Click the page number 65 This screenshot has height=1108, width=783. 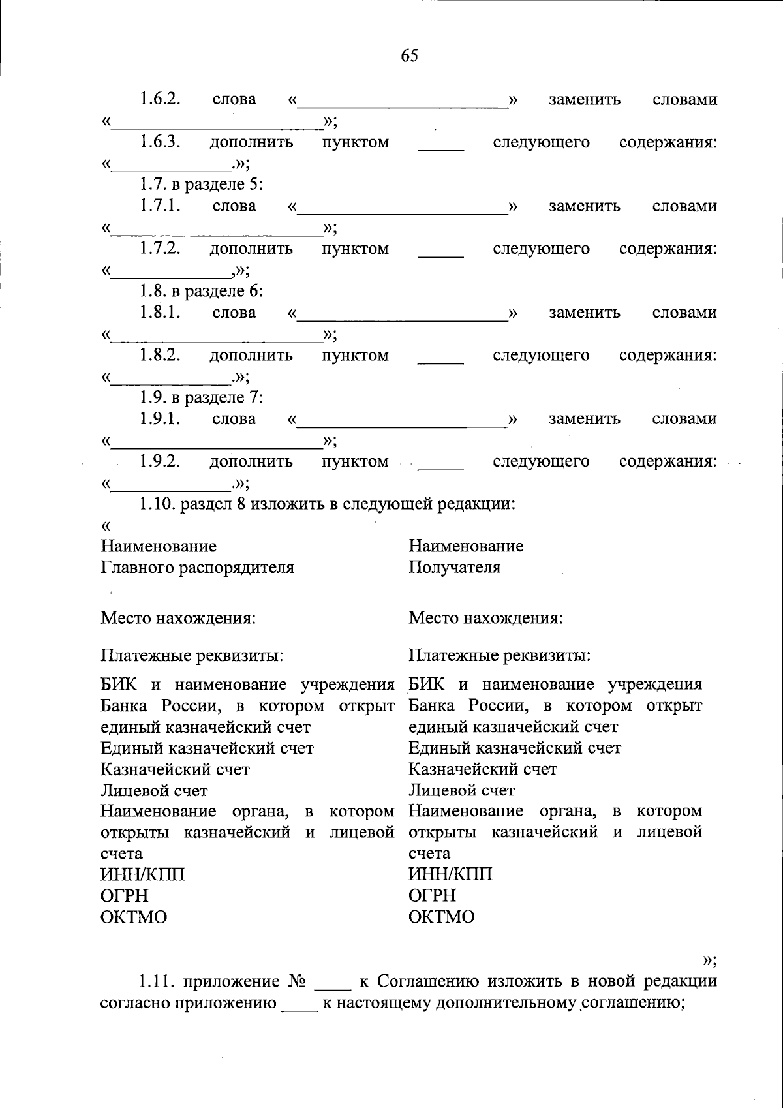click(x=409, y=56)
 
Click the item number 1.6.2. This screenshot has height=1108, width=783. click(x=159, y=99)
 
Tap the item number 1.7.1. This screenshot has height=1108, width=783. click(x=159, y=206)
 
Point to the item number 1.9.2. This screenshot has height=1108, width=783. click(x=159, y=461)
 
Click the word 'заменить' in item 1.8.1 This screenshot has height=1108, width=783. click(x=584, y=313)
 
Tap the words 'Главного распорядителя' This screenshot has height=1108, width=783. click(x=197, y=567)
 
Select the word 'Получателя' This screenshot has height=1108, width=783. click(x=454, y=567)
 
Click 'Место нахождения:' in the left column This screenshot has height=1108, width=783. click(x=177, y=617)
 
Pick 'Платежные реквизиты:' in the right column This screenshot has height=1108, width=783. click(x=500, y=654)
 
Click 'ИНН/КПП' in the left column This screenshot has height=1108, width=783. click(x=142, y=874)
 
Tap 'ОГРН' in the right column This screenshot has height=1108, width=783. click(x=432, y=895)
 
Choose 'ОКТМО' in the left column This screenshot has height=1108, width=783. click(x=134, y=917)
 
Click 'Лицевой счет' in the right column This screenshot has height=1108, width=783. click(x=461, y=790)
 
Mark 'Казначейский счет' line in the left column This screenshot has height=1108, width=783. click(x=175, y=769)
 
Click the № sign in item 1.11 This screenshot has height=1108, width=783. click(x=292, y=981)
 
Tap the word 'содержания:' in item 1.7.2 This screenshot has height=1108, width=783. click(x=668, y=249)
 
